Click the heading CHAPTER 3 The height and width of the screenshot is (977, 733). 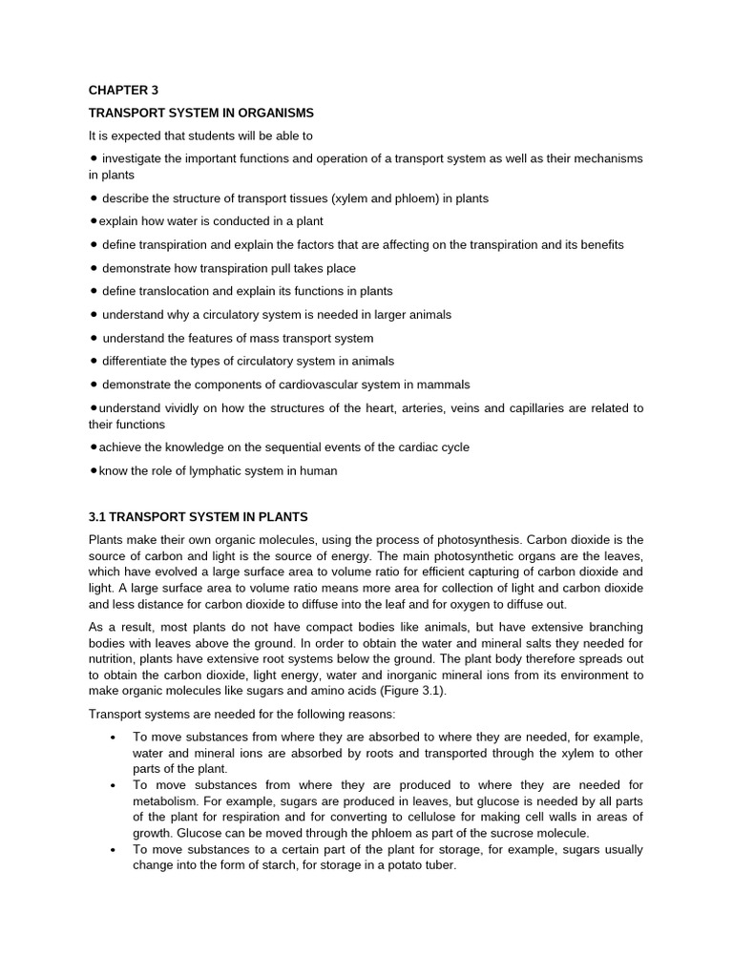[x=123, y=90]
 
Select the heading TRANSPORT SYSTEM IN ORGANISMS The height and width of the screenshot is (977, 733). [x=200, y=113]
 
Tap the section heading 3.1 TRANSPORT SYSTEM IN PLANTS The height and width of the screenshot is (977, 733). [x=198, y=517]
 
